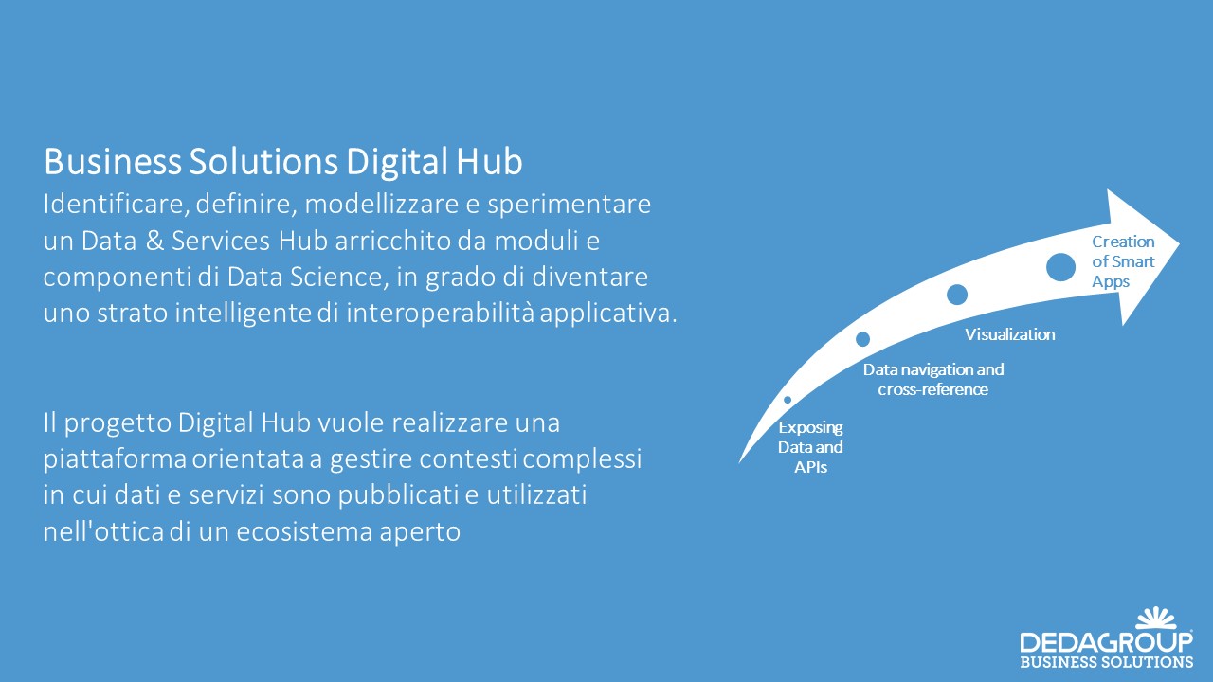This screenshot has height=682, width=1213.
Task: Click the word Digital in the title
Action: click(397, 162)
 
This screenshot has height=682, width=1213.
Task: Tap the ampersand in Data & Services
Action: click(154, 241)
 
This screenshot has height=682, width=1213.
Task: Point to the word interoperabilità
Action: click(441, 314)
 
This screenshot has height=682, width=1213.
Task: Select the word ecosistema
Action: click(304, 532)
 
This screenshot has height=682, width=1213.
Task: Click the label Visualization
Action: click(1010, 334)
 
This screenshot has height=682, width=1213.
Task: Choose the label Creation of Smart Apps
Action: click(1123, 261)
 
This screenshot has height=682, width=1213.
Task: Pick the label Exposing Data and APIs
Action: click(810, 447)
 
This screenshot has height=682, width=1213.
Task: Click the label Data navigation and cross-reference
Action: click(933, 380)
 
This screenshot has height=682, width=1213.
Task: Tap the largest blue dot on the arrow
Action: click(1060, 267)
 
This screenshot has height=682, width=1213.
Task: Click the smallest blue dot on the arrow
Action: click(788, 400)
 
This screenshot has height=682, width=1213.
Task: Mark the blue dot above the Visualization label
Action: click(957, 295)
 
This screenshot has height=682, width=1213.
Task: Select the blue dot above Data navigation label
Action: click(862, 339)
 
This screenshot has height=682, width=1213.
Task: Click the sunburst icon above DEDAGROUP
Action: click(1156, 619)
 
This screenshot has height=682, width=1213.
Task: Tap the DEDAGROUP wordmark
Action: click(1107, 642)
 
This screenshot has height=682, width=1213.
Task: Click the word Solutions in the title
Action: click(263, 162)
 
